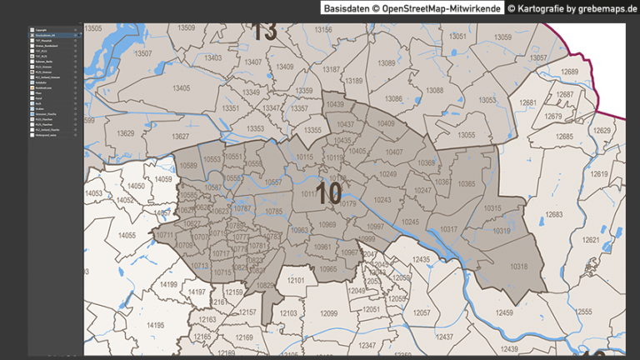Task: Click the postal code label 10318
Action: pos(519,267)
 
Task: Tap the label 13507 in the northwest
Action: pos(145,53)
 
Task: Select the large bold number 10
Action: pos(329,195)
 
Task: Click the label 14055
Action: pos(127,236)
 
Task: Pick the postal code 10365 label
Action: pos(467,183)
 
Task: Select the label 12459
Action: pos(505,312)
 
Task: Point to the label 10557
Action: pos(272,182)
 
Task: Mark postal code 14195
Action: pos(155,325)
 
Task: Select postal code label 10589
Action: pos(189,166)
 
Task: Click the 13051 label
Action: pos(457,37)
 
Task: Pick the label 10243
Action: pos(382,200)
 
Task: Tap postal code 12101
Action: pos(296,280)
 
